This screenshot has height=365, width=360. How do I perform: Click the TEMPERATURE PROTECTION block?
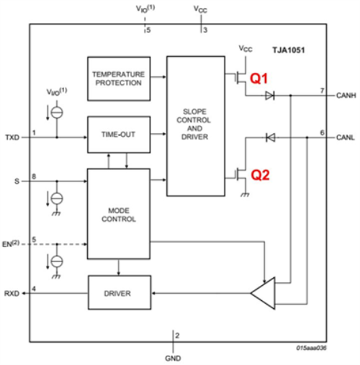119,78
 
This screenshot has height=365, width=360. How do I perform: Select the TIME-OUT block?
119,135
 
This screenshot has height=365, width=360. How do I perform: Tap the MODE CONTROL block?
119,214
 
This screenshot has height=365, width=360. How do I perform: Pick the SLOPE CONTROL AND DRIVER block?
196,126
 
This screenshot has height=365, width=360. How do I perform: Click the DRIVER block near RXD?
120,292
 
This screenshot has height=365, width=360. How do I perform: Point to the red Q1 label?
258,78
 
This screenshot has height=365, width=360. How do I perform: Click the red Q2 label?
260,175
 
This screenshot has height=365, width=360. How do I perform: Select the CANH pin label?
346,96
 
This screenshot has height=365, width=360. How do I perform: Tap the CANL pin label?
346,138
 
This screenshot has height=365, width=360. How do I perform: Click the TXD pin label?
12,138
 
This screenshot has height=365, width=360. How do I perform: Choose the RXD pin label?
12,294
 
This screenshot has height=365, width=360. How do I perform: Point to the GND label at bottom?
173,359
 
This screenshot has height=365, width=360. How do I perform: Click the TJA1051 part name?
289,50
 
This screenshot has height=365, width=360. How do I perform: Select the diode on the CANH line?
270,96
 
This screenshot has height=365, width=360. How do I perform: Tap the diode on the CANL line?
270,138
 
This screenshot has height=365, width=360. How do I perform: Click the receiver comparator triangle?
263,293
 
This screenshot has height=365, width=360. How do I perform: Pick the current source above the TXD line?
57,112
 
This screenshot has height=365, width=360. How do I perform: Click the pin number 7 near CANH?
323,91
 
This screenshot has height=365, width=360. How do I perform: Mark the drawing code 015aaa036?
311,348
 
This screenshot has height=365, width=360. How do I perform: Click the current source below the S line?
57,199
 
